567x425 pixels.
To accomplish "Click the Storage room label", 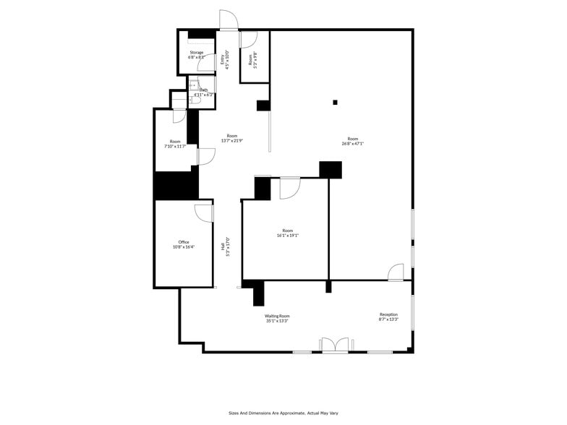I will coord(197,53).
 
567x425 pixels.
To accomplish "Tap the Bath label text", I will coord(204,90).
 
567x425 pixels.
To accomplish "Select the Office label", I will coord(184,242).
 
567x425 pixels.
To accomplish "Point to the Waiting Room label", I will coord(277,316).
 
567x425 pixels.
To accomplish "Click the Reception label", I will coord(388,314).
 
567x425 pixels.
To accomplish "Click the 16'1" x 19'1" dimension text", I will coord(287,235).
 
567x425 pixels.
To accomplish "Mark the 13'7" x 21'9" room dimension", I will coord(231,141).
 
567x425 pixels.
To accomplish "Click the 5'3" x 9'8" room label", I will coord(255,59).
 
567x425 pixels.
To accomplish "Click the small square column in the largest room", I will coord(335,102).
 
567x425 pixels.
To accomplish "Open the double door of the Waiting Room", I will coord(334,345).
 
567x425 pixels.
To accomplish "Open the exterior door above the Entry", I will coord(229,20).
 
